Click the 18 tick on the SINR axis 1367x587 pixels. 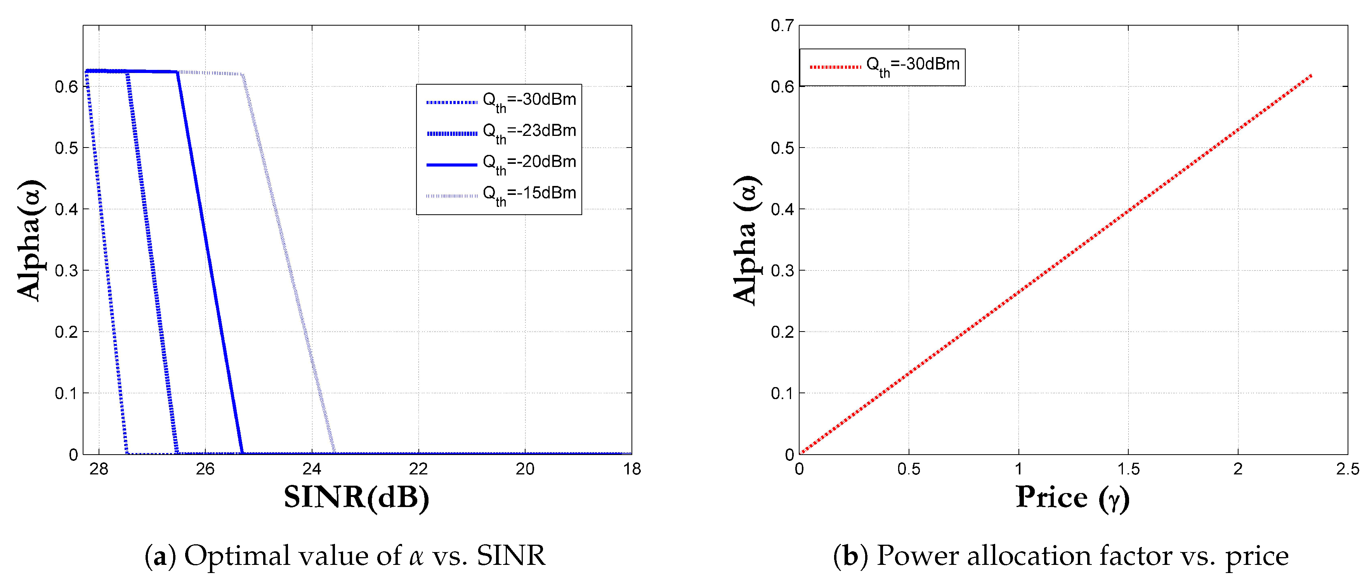(631, 469)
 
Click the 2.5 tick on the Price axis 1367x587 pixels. (1347, 469)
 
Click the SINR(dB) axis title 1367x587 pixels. (356, 498)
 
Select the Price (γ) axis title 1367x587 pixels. (1072, 498)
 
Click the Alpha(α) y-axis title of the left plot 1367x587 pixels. (31, 240)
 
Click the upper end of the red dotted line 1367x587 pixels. (1311, 76)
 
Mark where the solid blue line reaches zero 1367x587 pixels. (242, 453)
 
